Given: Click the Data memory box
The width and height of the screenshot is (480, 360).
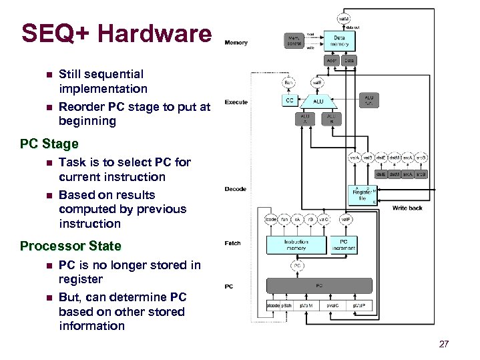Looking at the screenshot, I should tap(340, 41).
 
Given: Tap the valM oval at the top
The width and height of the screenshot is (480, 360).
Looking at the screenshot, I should tap(342, 19).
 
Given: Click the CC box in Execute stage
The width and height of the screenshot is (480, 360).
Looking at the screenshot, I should tap(289, 101).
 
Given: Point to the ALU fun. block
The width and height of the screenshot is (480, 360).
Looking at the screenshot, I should tap(369, 100).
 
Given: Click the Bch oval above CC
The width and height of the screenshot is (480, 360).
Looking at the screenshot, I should tap(288, 83).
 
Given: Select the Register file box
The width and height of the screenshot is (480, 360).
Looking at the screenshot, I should tap(363, 194).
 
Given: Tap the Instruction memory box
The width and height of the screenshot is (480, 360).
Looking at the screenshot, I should tap(296, 245).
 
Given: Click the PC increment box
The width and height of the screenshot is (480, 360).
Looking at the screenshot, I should tap(343, 245).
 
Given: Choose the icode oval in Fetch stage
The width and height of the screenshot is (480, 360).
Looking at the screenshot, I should tap(271, 218).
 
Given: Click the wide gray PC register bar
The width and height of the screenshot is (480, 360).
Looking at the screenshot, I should tap(319, 286).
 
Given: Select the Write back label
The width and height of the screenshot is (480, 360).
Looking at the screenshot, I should tap(407, 208).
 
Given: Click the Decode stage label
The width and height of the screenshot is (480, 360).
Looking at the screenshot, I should tap(236, 189).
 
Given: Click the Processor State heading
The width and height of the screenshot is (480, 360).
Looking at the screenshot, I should tap(71, 246).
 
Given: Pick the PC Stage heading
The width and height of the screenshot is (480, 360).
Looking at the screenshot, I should tap(49, 144).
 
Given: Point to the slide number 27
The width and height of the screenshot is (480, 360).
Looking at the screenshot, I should tap(444, 345).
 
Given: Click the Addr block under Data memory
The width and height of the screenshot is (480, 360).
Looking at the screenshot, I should tap(332, 60).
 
